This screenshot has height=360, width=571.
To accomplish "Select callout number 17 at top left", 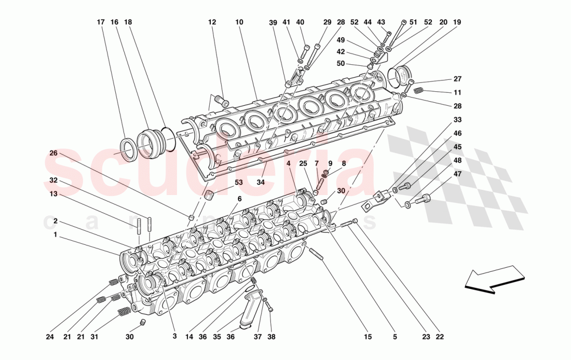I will point(101,22).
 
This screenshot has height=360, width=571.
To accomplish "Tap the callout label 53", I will point(238,182).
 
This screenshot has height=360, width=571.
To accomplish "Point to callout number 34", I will point(261,182).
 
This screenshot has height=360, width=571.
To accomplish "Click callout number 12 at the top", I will point(212,22).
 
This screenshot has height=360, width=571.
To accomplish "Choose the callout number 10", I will point(239,22).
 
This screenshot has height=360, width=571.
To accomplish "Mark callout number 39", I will point(273,22).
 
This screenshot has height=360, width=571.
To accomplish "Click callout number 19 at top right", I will point(457,22).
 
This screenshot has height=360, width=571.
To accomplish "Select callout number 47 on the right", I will point(457,174).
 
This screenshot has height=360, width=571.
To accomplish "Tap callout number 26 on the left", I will point(53,153).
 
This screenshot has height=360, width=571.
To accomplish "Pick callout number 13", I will point(53,195).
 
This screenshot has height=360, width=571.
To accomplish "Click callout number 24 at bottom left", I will point(49,337).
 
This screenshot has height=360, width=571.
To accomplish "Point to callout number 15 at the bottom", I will point(368,337).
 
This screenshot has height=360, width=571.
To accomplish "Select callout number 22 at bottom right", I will point(441,337).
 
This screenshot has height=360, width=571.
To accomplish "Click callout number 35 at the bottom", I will point(217,337).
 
